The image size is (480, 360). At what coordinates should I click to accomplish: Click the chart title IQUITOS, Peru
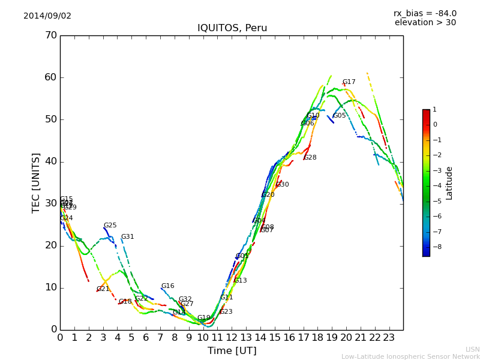(232, 28)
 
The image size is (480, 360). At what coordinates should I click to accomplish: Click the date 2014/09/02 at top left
(47, 16)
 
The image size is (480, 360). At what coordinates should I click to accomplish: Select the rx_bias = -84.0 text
(425, 14)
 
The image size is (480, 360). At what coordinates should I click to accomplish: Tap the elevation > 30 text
(425, 23)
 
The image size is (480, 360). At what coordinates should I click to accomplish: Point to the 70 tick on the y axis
(50, 35)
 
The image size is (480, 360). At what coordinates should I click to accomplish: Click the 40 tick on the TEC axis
(50, 161)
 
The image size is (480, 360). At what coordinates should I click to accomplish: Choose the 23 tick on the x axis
(389, 337)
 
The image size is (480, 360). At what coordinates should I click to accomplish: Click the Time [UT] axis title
(232, 350)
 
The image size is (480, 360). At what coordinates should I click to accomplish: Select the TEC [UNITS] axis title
(36, 182)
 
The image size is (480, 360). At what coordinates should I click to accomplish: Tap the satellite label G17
(349, 82)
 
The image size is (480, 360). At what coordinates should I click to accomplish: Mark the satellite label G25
(110, 226)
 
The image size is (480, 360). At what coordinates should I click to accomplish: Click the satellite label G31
(127, 237)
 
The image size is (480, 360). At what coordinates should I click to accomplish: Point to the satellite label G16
(167, 286)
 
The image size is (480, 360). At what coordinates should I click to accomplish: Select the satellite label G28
(310, 158)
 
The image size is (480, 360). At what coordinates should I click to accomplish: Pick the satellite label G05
(339, 116)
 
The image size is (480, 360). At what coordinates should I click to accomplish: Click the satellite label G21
(103, 289)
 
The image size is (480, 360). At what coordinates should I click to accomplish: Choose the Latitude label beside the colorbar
(449, 183)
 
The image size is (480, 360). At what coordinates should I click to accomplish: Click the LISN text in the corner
(472, 349)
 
